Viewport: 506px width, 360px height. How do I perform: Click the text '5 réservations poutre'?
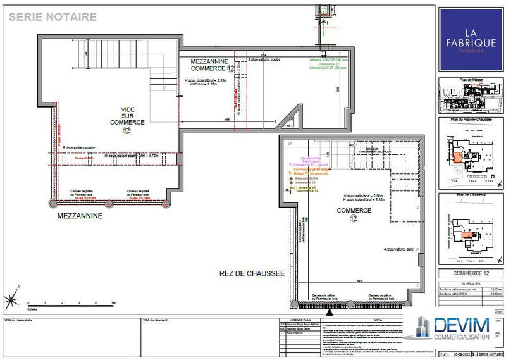[79, 148]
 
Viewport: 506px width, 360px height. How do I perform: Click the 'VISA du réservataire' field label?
[18, 320]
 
